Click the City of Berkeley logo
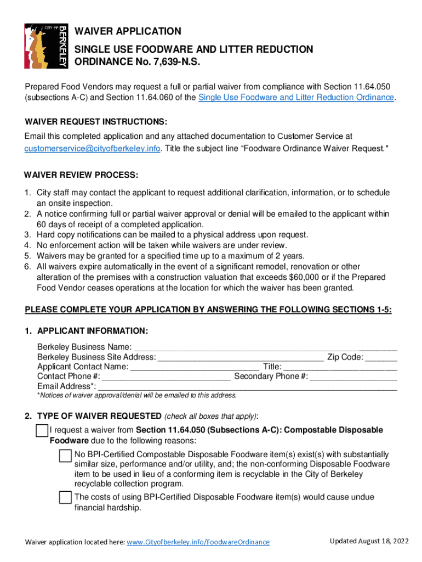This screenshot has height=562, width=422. [x=46, y=46]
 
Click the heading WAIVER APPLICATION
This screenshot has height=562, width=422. [x=128, y=31]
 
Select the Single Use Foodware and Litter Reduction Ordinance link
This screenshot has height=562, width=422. [x=296, y=97]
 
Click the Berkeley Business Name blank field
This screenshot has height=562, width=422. [x=265, y=347]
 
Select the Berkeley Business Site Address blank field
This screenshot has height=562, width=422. [x=240, y=357]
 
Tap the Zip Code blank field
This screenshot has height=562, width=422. [x=381, y=357]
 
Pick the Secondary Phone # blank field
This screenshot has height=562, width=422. [x=353, y=376]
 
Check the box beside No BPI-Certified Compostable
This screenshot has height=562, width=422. [x=65, y=456]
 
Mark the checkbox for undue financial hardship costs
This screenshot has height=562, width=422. [x=65, y=498]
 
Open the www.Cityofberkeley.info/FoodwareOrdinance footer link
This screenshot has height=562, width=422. [x=198, y=542]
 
